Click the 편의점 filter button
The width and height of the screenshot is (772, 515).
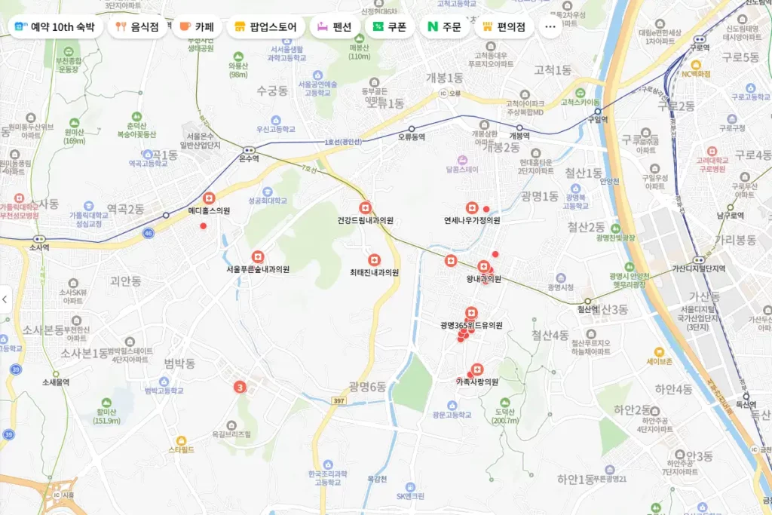pos(504,27)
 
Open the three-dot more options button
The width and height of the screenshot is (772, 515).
pos(550,27)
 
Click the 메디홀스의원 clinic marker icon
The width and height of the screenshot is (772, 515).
pos(209,198)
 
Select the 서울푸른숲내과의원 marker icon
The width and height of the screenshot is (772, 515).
pos(258,256)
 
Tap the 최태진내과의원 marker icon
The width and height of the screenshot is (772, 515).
pos(374,259)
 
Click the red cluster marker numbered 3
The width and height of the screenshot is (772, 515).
pos(240,388)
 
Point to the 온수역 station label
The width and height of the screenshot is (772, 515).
pos(249,158)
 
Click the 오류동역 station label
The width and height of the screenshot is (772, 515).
pos(412,137)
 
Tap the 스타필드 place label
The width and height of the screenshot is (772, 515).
pos(181,449)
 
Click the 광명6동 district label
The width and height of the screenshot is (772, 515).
pos(367,386)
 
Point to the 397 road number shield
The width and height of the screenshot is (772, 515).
pos(339,400)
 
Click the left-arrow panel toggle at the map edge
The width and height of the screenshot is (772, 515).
pos(5,299)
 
